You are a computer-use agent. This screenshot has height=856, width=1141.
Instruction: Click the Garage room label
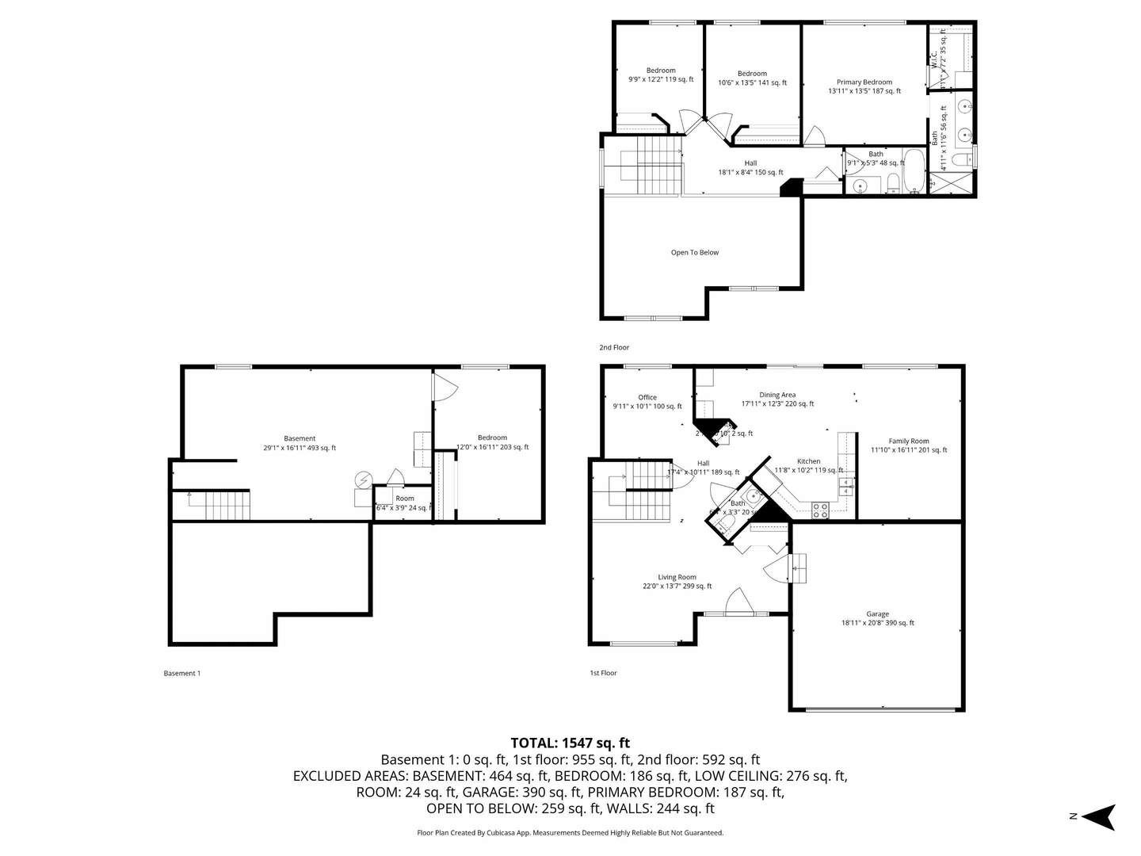pos(877,614)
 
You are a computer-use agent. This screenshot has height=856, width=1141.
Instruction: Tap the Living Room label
pos(677,578)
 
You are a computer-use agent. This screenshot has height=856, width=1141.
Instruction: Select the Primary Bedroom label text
pos(864,82)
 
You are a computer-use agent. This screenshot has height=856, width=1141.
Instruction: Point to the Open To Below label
pos(695,253)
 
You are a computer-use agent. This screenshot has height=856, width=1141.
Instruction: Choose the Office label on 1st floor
pos(647,398)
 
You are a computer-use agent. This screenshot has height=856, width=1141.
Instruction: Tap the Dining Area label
pos(777,395)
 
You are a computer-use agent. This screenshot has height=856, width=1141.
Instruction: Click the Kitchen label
pos(808,461)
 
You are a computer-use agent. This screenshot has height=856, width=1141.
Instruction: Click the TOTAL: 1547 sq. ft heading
pos(570,743)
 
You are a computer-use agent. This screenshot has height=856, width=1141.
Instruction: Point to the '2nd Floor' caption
pos(614,347)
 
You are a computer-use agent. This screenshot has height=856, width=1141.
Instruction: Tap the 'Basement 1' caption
pos(182,674)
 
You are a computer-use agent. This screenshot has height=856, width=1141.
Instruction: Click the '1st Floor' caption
pos(603,673)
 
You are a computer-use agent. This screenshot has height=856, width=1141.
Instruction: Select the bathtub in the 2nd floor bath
pos(914,171)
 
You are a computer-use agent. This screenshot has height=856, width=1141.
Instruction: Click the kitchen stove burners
pos(820,510)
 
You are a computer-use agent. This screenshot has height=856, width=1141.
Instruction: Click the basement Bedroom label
pos(492,438)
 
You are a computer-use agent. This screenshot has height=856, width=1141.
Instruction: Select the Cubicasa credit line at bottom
pos(570,833)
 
